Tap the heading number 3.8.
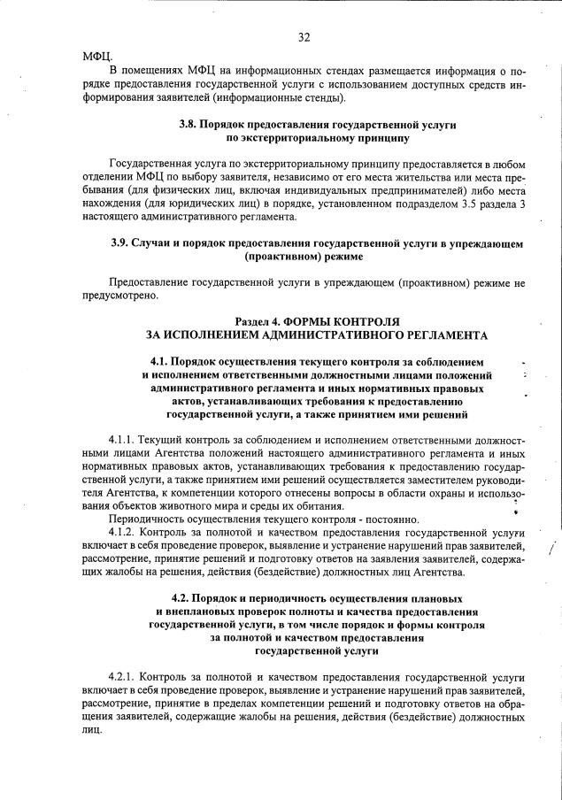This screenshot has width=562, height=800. [190, 126]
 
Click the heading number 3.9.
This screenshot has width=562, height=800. [121, 242]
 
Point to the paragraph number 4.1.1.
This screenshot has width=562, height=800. [123, 440]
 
